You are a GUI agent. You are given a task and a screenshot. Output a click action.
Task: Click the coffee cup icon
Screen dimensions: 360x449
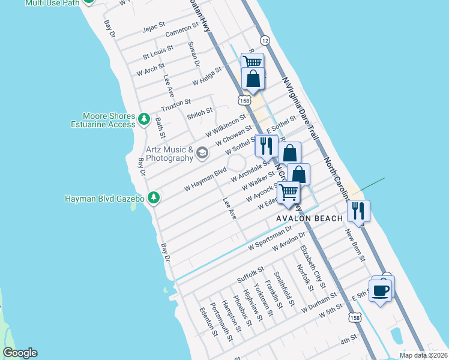click(381, 292)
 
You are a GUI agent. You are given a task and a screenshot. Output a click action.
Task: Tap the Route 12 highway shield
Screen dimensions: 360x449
click(265, 40)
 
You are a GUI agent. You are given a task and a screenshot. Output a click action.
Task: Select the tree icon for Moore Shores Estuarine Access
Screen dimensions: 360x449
click(144, 120)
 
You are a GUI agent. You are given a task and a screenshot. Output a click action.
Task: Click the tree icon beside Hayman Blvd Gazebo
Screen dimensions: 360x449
click(154, 197)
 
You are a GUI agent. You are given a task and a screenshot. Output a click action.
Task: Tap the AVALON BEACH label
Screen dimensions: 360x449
click(309, 218)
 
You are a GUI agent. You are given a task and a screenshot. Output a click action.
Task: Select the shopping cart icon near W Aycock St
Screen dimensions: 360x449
click(289, 193)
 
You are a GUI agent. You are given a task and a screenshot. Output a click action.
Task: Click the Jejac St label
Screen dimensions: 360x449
click(153, 28)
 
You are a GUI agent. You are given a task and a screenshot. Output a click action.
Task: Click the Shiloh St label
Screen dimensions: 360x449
click(200, 111)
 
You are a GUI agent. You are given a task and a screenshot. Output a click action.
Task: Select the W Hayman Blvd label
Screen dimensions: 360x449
click(205, 179)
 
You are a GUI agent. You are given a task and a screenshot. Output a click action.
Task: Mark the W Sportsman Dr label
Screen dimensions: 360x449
click(270, 238)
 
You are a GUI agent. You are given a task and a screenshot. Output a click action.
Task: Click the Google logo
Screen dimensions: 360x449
click(20, 353)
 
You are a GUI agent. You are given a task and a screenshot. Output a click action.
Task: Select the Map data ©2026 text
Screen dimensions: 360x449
click(423, 355)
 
